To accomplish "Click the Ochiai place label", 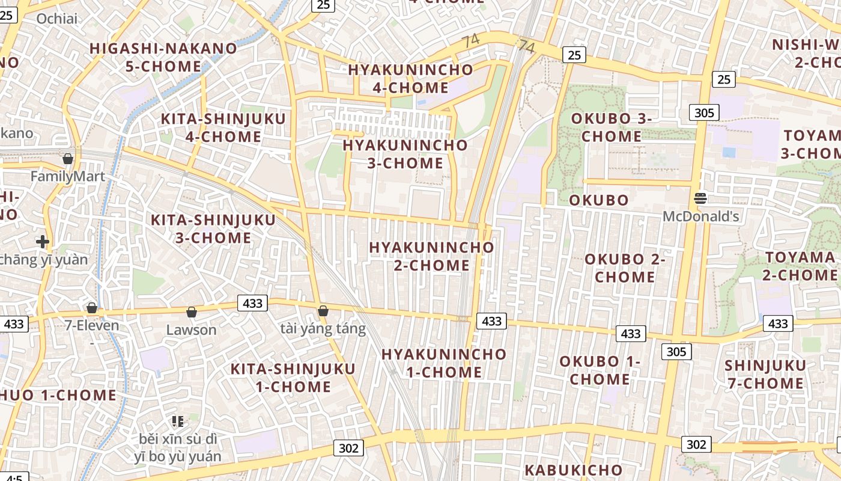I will [57, 19].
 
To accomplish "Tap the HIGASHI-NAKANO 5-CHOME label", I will [163, 57].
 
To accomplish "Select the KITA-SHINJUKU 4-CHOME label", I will [223, 127].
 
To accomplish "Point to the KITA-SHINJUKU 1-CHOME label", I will [293, 378].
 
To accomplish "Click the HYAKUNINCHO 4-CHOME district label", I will [410, 78].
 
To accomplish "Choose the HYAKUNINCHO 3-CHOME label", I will [405, 154].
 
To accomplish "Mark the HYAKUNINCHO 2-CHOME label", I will [431, 256].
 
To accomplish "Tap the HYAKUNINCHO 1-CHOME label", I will [444, 363].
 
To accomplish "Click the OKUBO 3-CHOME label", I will [612, 127].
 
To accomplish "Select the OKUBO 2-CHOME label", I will [625, 268].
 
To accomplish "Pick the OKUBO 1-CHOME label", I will [600, 370].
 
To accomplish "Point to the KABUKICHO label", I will [574, 470].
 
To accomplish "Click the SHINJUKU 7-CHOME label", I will [765, 374].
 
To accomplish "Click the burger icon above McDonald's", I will [700, 198].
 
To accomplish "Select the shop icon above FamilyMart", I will [68, 159].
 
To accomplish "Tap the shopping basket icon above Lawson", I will [191, 312].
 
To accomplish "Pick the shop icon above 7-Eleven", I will [92, 308].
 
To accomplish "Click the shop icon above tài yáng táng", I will [323, 311].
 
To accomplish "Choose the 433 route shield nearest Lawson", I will [252, 303].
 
